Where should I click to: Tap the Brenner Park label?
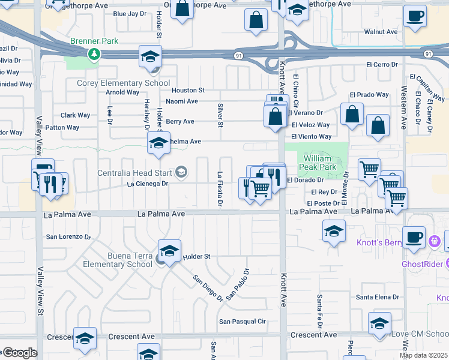[x=94, y=41]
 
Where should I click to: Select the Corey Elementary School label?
[x=123, y=83]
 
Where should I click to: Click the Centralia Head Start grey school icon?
[x=181, y=173]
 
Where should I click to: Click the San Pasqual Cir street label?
[x=242, y=322]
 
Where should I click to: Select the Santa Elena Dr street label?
[x=378, y=297]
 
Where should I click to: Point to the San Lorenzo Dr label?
[x=68, y=236]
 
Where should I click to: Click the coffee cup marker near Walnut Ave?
[x=415, y=16]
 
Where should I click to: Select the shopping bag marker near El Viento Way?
[x=378, y=126]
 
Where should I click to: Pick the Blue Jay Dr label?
[x=130, y=14]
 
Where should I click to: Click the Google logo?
[x=19, y=353]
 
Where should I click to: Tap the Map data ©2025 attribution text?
[x=423, y=355]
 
